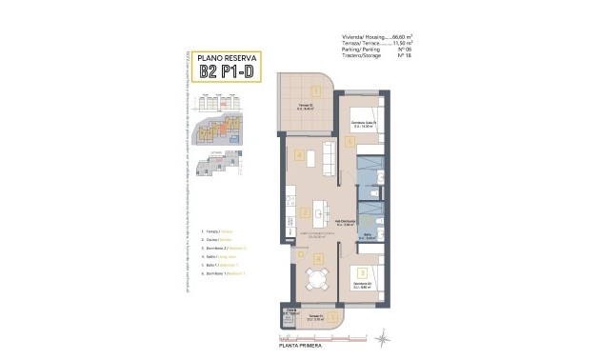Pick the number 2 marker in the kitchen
click(x=303, y=212)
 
